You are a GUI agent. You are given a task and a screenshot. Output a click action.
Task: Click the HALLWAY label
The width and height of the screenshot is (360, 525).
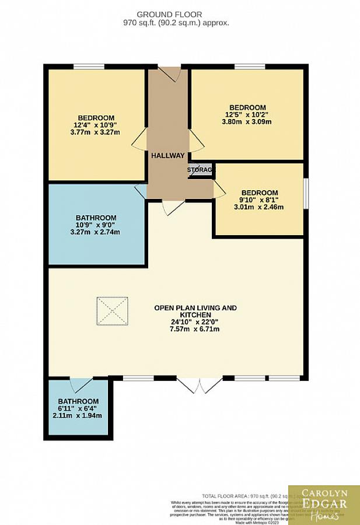(x=168, y=156)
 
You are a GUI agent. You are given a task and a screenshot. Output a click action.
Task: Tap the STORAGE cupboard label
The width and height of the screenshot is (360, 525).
(x=201, y=170)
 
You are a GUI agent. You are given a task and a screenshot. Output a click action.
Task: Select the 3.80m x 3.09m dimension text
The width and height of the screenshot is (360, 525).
(x=247, y=123)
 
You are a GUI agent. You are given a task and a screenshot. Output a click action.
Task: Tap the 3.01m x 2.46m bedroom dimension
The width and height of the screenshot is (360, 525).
(x=258, y=207)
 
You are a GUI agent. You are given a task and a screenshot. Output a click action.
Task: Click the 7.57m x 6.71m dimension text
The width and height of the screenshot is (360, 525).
(x=195, y=330)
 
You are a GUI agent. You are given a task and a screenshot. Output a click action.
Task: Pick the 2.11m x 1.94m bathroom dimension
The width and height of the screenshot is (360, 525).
(x=78, y=416)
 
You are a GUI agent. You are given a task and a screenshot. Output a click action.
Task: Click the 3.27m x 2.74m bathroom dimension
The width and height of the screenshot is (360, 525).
(x=95, y=232)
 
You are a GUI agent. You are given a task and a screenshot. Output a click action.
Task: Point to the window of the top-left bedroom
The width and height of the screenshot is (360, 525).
(x=89, y=66)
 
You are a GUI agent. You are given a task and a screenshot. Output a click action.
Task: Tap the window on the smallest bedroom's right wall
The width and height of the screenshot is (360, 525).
(x=305, y=192)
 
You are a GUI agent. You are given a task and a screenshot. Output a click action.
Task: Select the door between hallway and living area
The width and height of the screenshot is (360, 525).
(x=174, y=207)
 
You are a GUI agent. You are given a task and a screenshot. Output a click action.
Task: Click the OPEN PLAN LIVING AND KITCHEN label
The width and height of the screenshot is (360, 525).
(x=195, y=311)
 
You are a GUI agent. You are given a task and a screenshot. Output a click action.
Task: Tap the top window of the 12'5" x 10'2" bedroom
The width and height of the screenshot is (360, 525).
(x=250, y=66)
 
